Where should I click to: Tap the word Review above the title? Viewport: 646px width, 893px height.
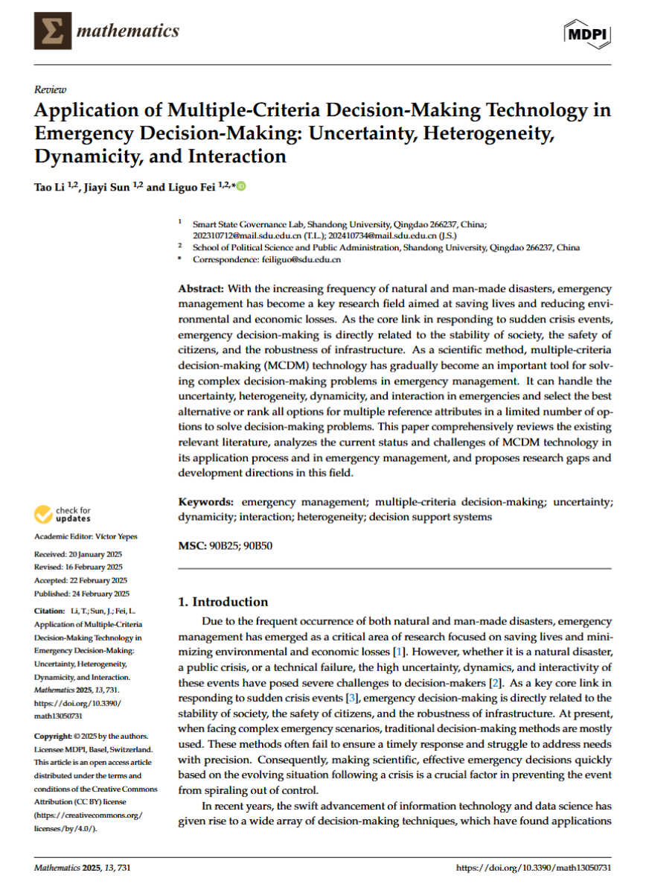[50, 89]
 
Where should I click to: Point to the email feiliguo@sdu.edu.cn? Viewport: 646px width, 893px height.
[299, 259]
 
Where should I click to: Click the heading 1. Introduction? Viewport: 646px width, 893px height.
[223, 602]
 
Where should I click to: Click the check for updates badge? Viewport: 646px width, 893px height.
[63, 514]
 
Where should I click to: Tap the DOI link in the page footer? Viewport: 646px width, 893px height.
[533, 868]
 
